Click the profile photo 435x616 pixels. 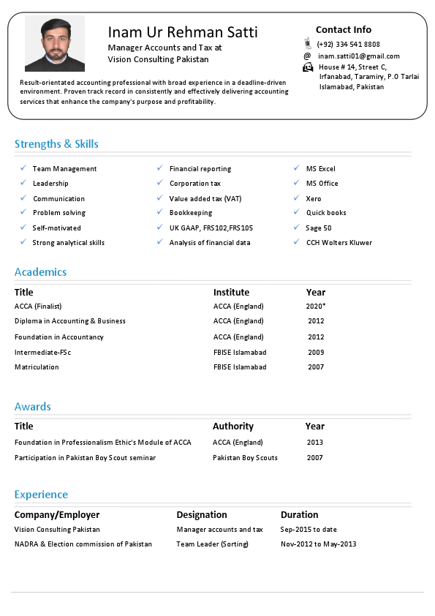click(54, 43)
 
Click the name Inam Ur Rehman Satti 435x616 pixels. click(183, 32)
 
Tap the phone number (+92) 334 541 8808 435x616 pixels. click(349, 45)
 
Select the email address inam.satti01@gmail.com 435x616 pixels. click(359, 56)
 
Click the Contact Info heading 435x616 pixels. click(344, 30)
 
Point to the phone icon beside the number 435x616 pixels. click(308, 44)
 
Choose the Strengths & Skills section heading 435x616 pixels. click(56, 144)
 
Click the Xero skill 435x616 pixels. click(314, 199)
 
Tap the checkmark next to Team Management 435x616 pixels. click(23, 168)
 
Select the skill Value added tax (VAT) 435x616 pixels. click(205, 199)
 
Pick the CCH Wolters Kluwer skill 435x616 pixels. click(339, 243)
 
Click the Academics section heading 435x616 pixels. click(40, 272)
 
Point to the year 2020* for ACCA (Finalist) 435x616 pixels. click(316, 307)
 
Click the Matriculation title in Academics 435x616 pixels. click(37, 367)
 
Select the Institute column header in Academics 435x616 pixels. click(231, 293)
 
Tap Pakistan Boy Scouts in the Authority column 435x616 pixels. click(245, 458)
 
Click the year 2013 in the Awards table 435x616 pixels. click(315, 443)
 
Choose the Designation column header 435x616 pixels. click(202, 515)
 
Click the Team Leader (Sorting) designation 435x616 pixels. click(213, 544)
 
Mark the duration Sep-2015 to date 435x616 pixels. click(309, 530)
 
